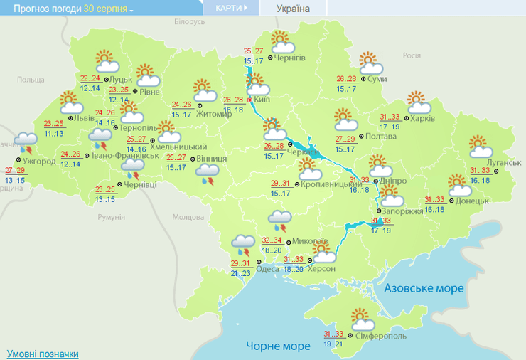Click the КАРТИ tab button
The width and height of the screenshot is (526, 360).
230,8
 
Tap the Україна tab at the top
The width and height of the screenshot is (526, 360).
293,9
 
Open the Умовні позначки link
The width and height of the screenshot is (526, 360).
43,354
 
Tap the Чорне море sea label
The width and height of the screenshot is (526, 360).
279,346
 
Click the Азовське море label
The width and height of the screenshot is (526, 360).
424,288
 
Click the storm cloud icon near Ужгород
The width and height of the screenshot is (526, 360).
27,142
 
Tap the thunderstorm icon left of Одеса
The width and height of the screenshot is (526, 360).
243,245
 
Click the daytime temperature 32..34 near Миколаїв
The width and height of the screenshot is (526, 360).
272,240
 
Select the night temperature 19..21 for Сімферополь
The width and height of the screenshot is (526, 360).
333,344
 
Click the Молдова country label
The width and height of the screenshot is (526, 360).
188,217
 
